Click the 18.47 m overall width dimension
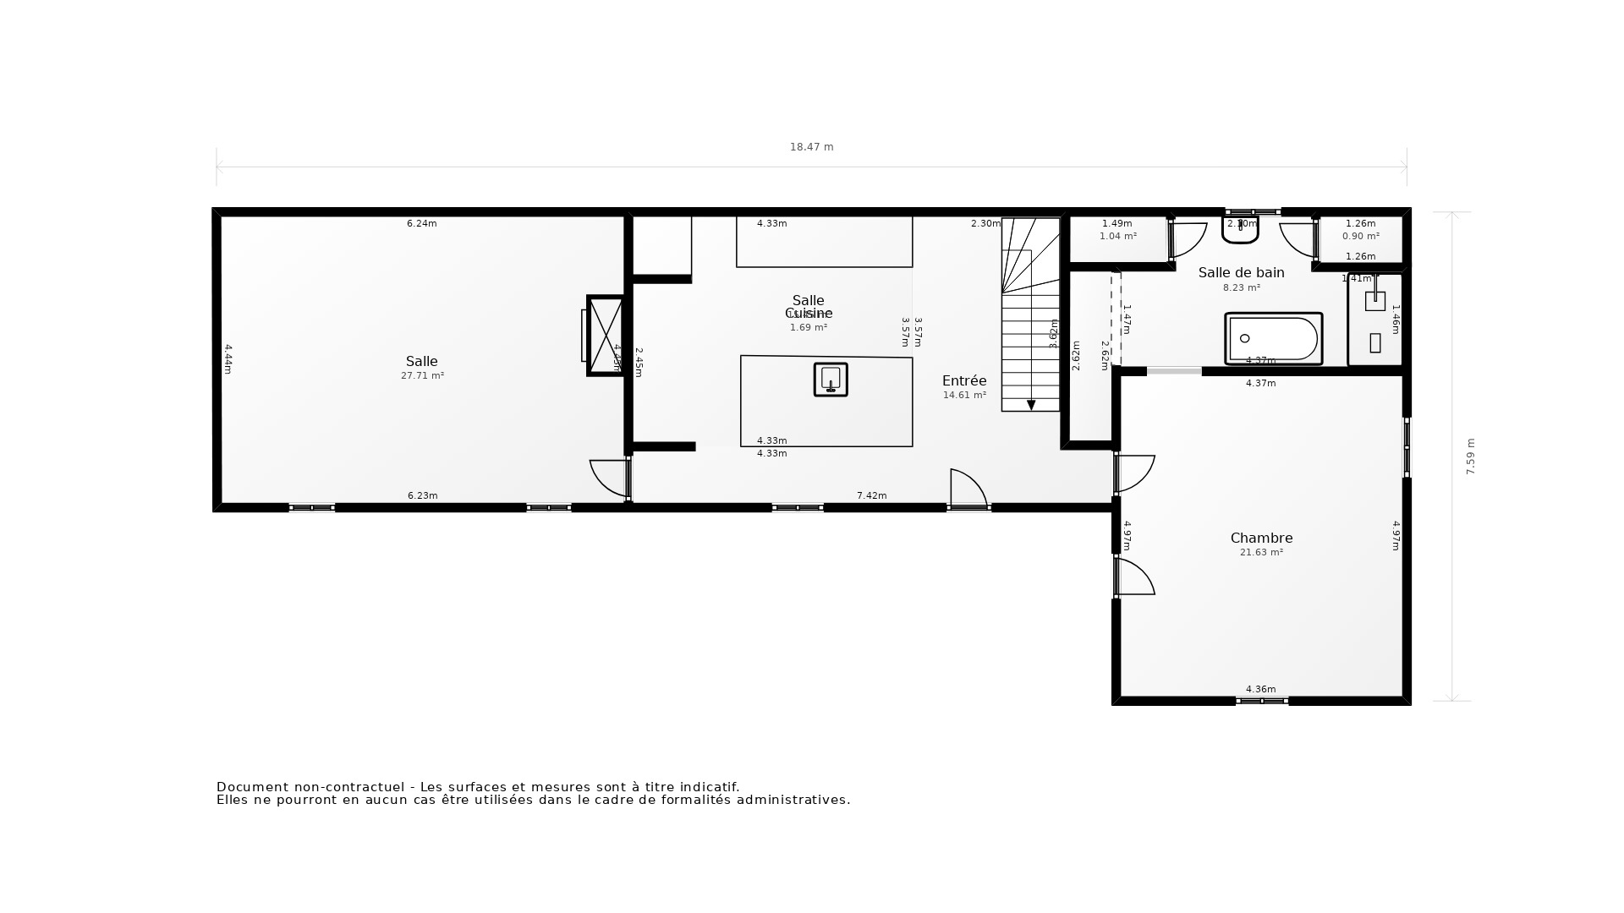click(x=811, y=147)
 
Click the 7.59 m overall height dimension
click(x=1470, y=456)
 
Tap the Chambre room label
click(x=1261, y=538)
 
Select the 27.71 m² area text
click(x=422, y=376)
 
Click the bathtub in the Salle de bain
click(x=1273, y=339)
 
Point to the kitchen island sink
click(x=831, y=380)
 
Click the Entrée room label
click(x=964, y=380)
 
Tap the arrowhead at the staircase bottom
click(x=1031, y=406)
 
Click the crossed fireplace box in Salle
click(x=606, y=336)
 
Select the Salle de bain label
click(x=1241, y=272)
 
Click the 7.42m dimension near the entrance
click(x=871, y=495)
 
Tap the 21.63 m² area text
click(x=1261, y=553)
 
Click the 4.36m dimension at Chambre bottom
click(x=1260, y=689)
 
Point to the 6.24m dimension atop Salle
click(x=421, y=224)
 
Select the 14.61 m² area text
click(x=964, y=396)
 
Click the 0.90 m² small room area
click(x=1360, y=237)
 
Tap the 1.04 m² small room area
click(x=1117, y=237)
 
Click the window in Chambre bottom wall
click(x=1261, y=701)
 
